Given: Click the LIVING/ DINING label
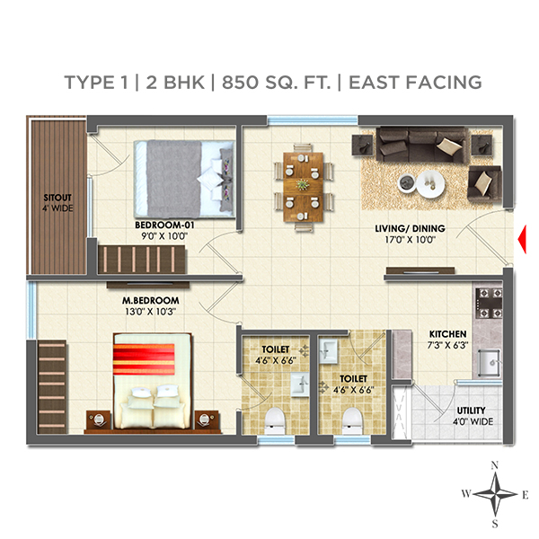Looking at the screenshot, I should (410, 229).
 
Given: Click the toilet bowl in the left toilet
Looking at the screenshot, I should (277, 420).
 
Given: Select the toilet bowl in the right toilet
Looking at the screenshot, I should (353, 420).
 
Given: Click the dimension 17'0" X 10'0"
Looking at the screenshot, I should (410, 240).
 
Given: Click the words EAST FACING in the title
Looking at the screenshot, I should (415, 82).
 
